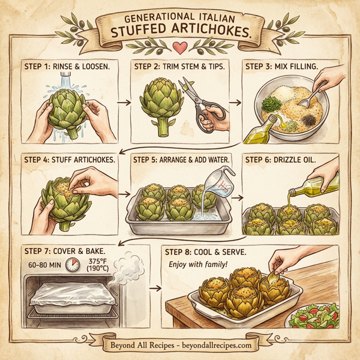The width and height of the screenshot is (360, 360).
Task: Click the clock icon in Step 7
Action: (x=73, y=265)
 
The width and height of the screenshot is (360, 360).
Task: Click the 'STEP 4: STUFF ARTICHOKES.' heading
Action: (x=70, y=159)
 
